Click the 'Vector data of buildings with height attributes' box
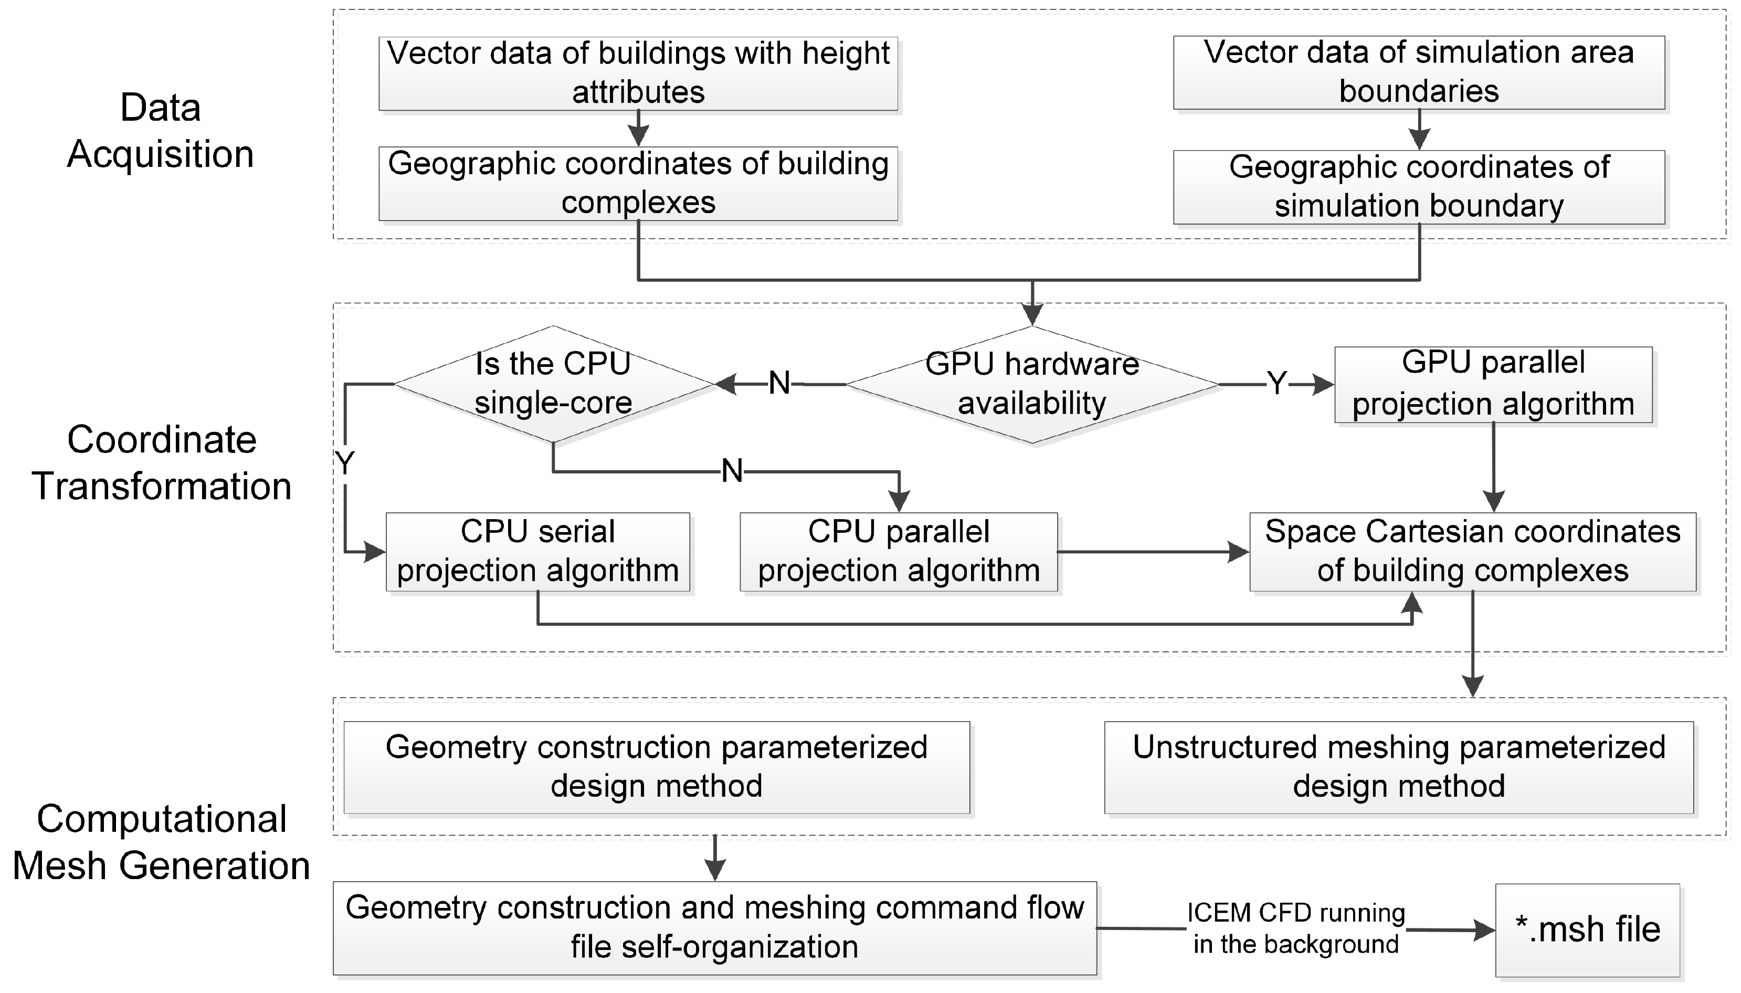638,73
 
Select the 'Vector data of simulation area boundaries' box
1418,73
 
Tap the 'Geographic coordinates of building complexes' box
638,184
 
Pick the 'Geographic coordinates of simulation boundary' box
1418,187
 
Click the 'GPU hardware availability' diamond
1032,385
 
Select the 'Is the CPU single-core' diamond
553,384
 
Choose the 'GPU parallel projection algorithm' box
1493,385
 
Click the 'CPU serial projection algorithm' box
537,552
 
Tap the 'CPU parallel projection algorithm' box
898,552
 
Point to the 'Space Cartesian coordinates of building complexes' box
1472,552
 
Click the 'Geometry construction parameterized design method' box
656,767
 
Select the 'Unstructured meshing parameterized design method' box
1399,767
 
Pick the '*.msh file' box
1587,930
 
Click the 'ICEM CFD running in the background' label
1296,929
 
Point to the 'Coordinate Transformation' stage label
162,463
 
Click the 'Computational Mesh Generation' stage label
162,842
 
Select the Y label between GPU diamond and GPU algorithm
1276,384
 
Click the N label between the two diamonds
779,384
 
